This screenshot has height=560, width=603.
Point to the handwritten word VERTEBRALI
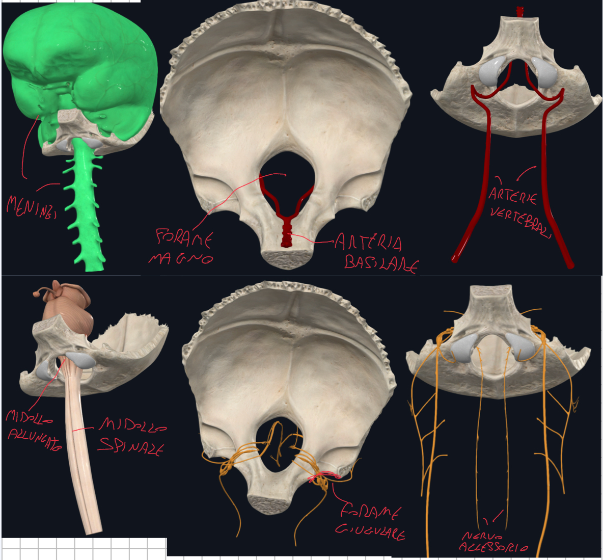tap(520, 223)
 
